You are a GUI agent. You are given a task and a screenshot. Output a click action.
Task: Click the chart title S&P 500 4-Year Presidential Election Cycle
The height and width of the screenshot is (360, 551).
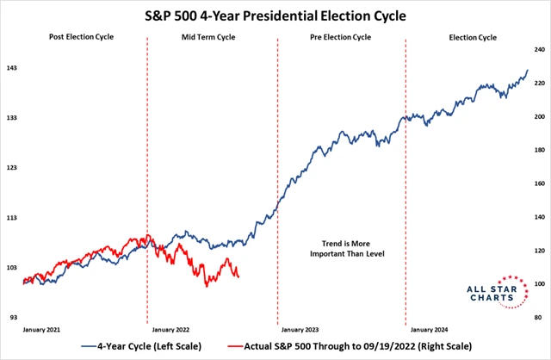[x=275, y=15]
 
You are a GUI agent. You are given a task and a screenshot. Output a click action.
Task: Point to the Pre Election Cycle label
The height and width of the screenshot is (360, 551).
[x=341, y=38]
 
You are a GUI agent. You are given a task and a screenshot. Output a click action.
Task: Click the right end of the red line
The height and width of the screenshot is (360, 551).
[x=238, y=277]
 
